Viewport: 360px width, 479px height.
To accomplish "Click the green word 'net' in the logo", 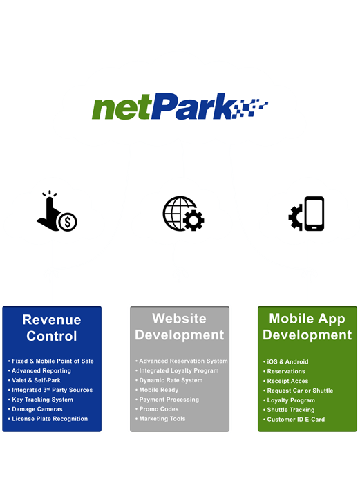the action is [x=122, y=107].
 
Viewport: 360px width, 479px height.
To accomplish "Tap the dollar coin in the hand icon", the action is [x=68, y=222].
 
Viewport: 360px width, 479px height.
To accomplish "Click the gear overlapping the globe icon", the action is [x=193, y=220].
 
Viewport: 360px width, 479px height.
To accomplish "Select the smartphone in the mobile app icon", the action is [x=314, y=214].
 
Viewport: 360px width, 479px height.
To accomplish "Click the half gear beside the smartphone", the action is [x=296, y=217].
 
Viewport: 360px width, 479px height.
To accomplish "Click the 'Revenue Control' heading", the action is [x=52, y=328].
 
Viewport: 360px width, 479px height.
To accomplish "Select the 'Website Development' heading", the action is [x=180, y=326].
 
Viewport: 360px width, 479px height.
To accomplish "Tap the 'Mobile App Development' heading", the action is [x=307, y=326].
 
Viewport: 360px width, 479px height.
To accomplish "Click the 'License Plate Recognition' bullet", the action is [x=48, y=419].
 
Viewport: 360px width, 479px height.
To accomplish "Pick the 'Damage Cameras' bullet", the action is [x=35, y=409].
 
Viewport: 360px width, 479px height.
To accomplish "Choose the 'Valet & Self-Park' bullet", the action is [x=34, y=380].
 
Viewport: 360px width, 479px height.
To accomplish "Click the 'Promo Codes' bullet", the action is [x=157, y=409].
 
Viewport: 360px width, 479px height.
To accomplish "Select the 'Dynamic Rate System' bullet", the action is [x=169, y=380].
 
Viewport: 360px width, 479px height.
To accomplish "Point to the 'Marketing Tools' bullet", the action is [x=160, y=419].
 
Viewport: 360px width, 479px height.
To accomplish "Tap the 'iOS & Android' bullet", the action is [x=286, y=361].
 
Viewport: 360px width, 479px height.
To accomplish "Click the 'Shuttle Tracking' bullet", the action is [x=289, y=410].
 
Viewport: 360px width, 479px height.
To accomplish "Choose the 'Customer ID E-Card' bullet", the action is [x=294, y=420].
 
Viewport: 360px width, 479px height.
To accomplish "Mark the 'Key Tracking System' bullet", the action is [x=41, y=400].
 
